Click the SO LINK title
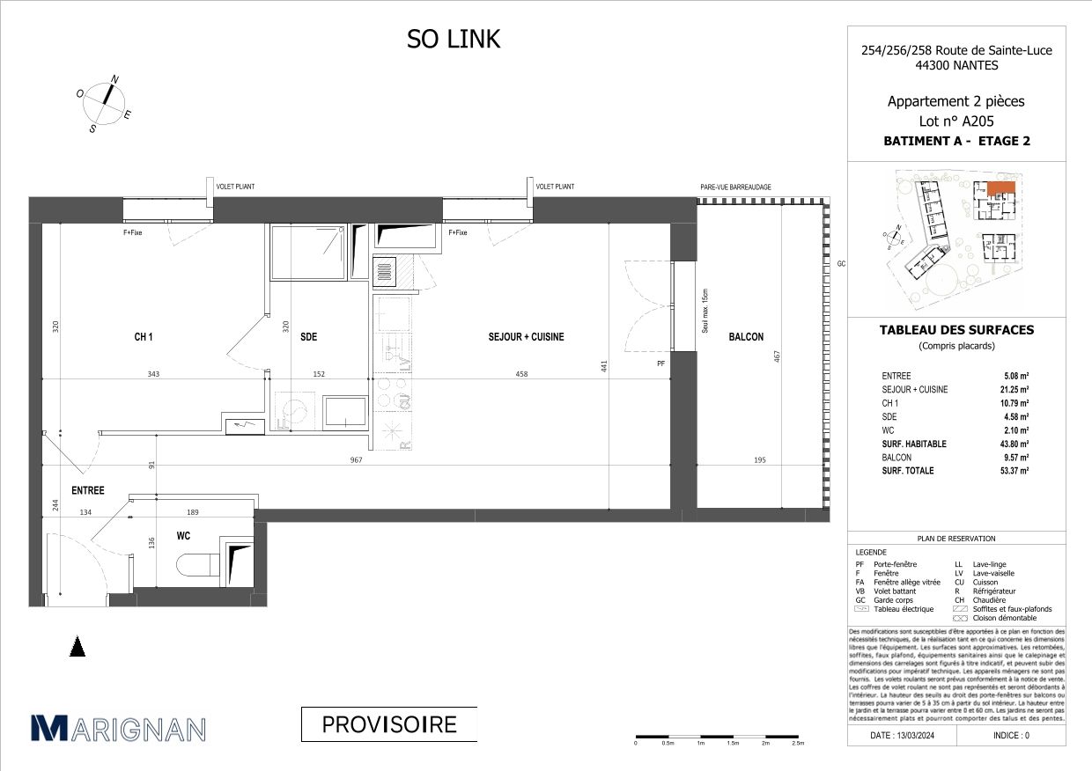tap(453, 40)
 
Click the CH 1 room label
tap(144, 337)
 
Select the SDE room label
tap(308, 337)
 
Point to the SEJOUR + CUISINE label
tap(527, 337)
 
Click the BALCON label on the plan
tap(745, 337)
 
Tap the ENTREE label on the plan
tap(88, 491)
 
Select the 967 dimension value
tap(355, 459)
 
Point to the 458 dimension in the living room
tap(522, 374)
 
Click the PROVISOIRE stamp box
tap(388, 724)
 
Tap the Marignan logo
tap(119, 728)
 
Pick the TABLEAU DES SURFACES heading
tap(956, 331)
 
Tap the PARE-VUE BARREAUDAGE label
tap(735, 187)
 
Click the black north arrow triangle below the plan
tap(78, 648)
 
